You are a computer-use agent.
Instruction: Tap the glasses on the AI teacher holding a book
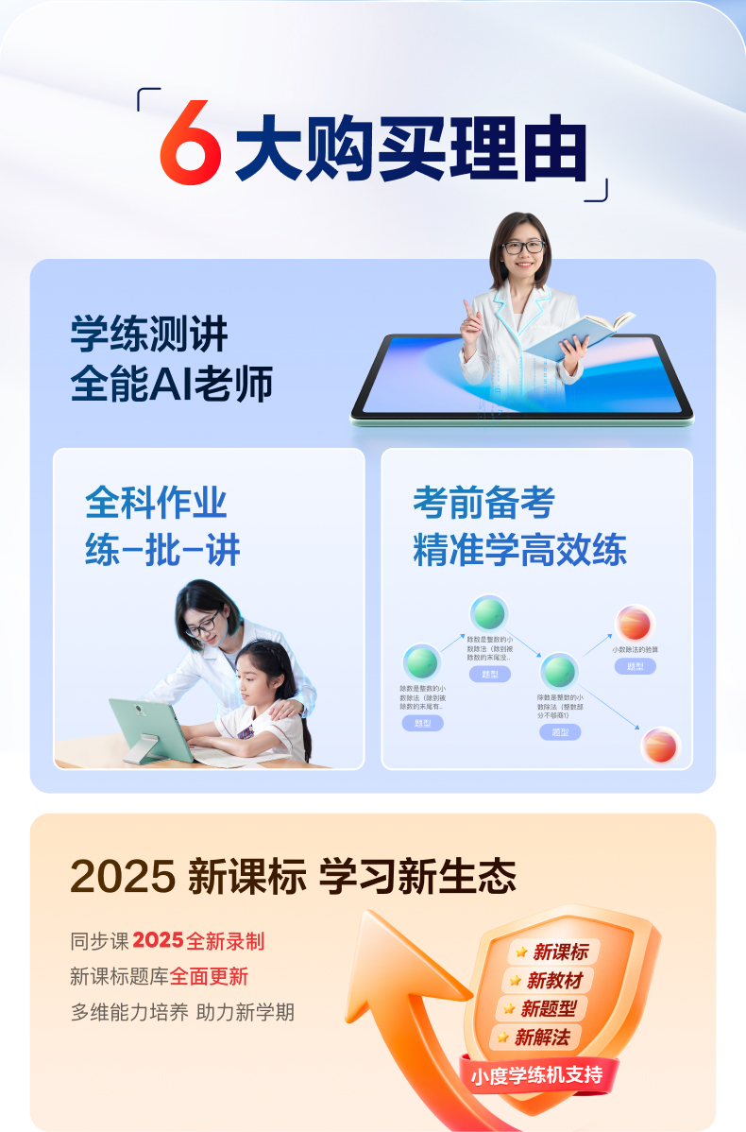522,248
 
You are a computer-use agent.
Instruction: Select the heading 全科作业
156,502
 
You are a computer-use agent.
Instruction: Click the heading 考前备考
483,502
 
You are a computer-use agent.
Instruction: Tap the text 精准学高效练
519,550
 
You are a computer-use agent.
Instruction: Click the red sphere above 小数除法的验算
635,623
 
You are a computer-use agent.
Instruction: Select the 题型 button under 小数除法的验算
635,666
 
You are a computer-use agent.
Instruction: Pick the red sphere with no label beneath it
660,745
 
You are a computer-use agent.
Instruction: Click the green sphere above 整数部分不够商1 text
559,671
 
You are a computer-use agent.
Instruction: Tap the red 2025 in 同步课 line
158,941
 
